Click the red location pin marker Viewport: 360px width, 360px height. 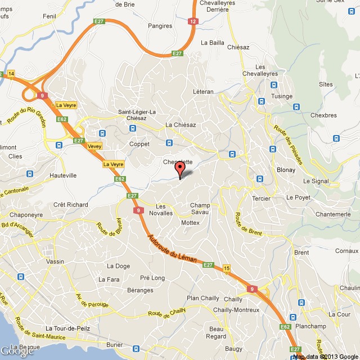pos(180,169)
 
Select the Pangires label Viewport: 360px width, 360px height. pos(160,26)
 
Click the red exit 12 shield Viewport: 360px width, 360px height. pos(193,21)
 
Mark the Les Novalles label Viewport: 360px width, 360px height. pos(165,209)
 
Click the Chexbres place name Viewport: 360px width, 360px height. pos(323,115)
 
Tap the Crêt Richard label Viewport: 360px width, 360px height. pos(70,205)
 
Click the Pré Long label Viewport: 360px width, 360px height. pos(152,278)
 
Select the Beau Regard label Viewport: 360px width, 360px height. pos(216,332)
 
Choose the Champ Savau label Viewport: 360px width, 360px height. pos(200,209)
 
